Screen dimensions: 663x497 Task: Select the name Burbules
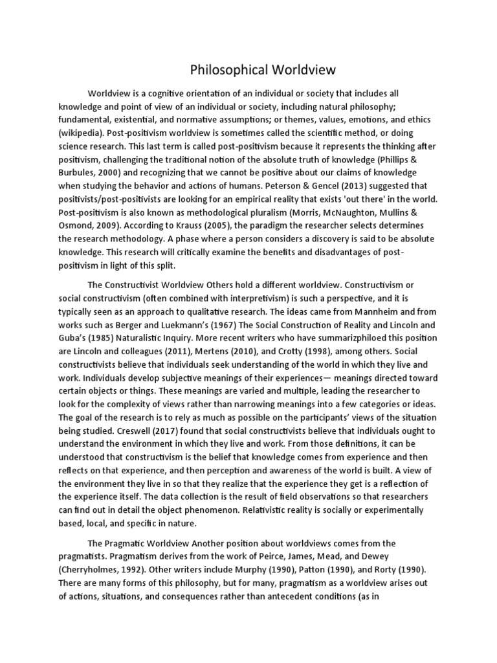(82, 172)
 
